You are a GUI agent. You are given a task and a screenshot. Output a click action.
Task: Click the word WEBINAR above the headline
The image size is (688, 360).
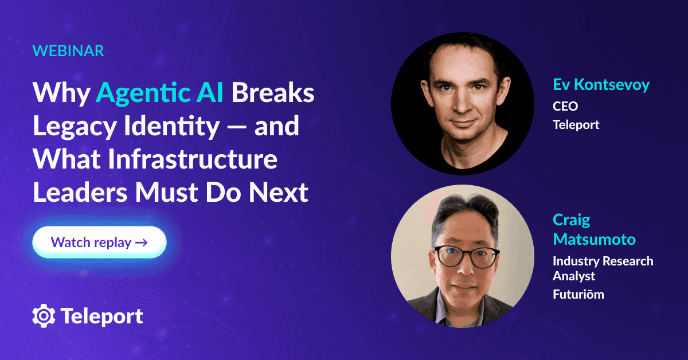click(x=68, y=50)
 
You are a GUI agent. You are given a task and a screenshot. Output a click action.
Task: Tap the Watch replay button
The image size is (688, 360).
click(x=99, y=242)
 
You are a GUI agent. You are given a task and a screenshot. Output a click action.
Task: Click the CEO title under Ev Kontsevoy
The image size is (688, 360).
click(x=565, y=106)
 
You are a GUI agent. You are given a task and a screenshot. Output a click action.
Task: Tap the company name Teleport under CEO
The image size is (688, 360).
click(x=576, y=124)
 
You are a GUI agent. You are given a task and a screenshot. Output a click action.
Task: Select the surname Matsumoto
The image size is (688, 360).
click(x=594, y=238)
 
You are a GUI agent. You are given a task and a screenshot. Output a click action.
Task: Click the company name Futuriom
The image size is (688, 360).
click(x=578, y=295)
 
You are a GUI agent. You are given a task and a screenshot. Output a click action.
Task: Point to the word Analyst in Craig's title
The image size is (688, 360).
click(x=574, y=276)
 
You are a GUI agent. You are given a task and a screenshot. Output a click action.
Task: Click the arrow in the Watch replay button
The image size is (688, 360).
click(x=141, y=242)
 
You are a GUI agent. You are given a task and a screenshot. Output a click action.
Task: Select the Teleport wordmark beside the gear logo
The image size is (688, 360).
click(x=101, y=316)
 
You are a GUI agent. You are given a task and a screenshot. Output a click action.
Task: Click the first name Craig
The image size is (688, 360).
click(x=571, y=220)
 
